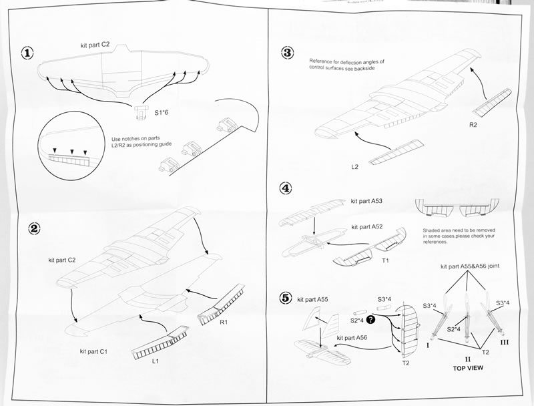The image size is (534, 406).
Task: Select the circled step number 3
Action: click(x=288, y=53)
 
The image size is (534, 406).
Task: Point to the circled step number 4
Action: click(x=286, y=188)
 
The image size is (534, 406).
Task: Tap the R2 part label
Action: click(x=473, y=124)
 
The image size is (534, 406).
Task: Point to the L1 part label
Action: click(x=155, y=361)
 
